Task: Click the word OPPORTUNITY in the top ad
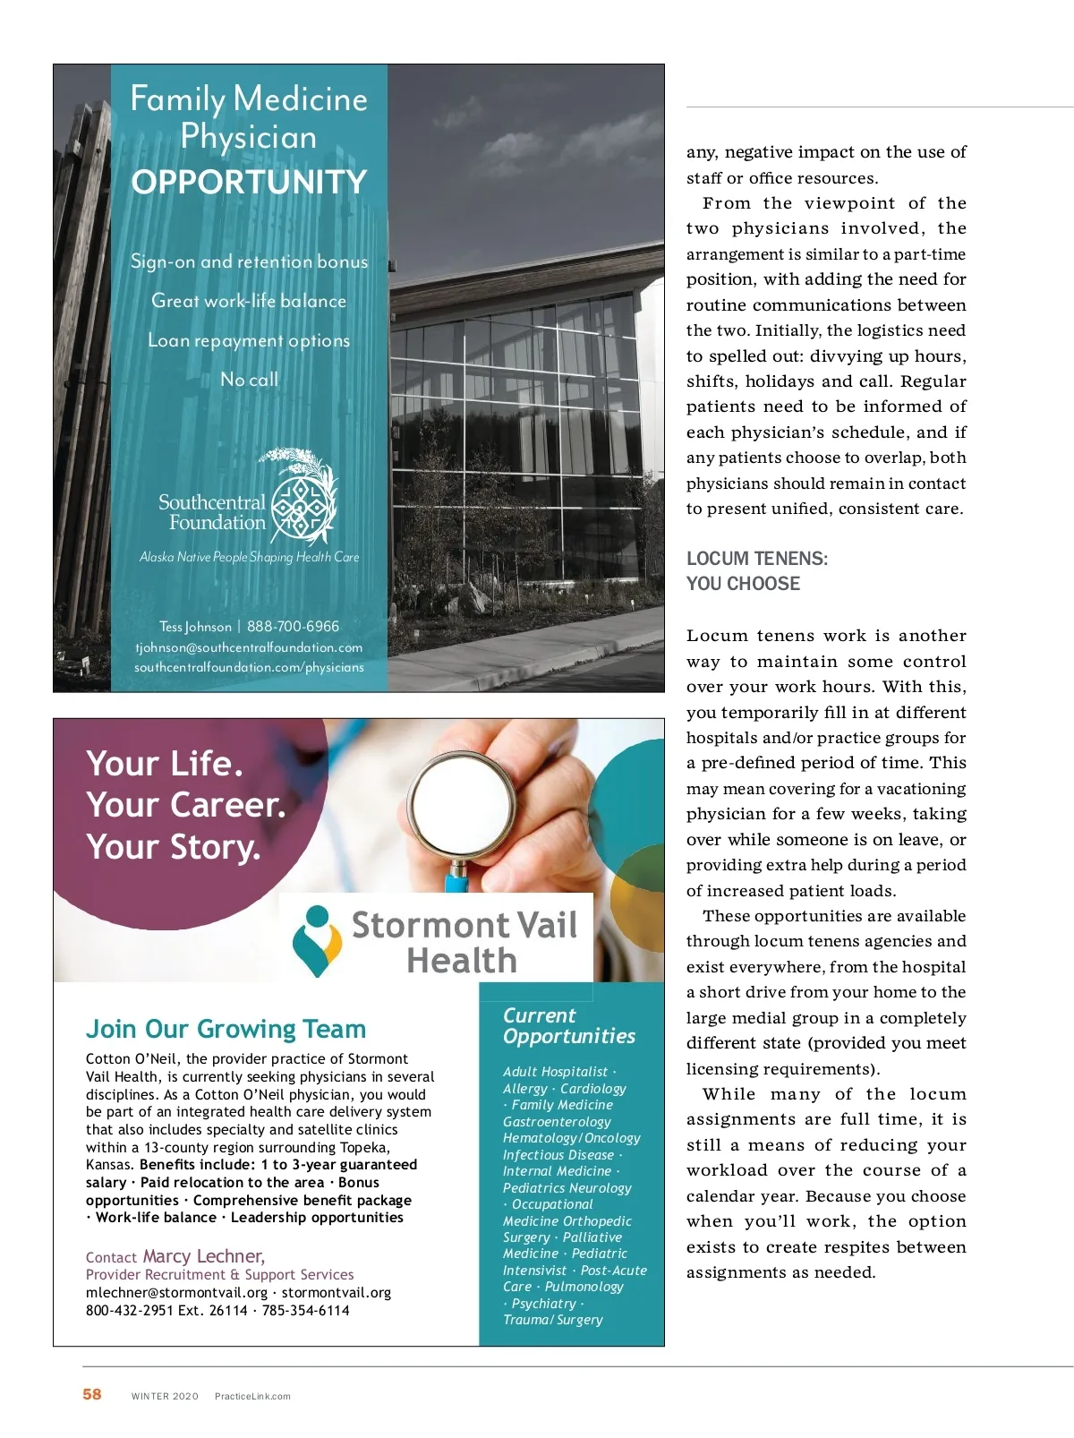click(249, 183)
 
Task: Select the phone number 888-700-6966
click(293, 627)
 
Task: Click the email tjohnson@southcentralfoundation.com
click(249, 647)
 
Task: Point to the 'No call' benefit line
click(249, 380)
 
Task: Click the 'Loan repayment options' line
click(249, 341)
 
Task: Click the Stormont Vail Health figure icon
click(317, 939)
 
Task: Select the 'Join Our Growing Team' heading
click(226, 1029)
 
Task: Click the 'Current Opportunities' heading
click(568, 1026)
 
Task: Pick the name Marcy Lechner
click(203, 1256)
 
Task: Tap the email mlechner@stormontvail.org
click(176, 1293)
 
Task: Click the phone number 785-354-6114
click(306, 1310)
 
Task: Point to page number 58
click(92, 1394)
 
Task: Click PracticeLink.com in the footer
click(252, 1396)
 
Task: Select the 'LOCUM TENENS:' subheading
click(757, 559)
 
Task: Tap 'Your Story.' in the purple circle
click(174, 847)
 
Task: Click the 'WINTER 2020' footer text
click(165, 1396)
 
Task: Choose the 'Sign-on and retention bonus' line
click(249, 262)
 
